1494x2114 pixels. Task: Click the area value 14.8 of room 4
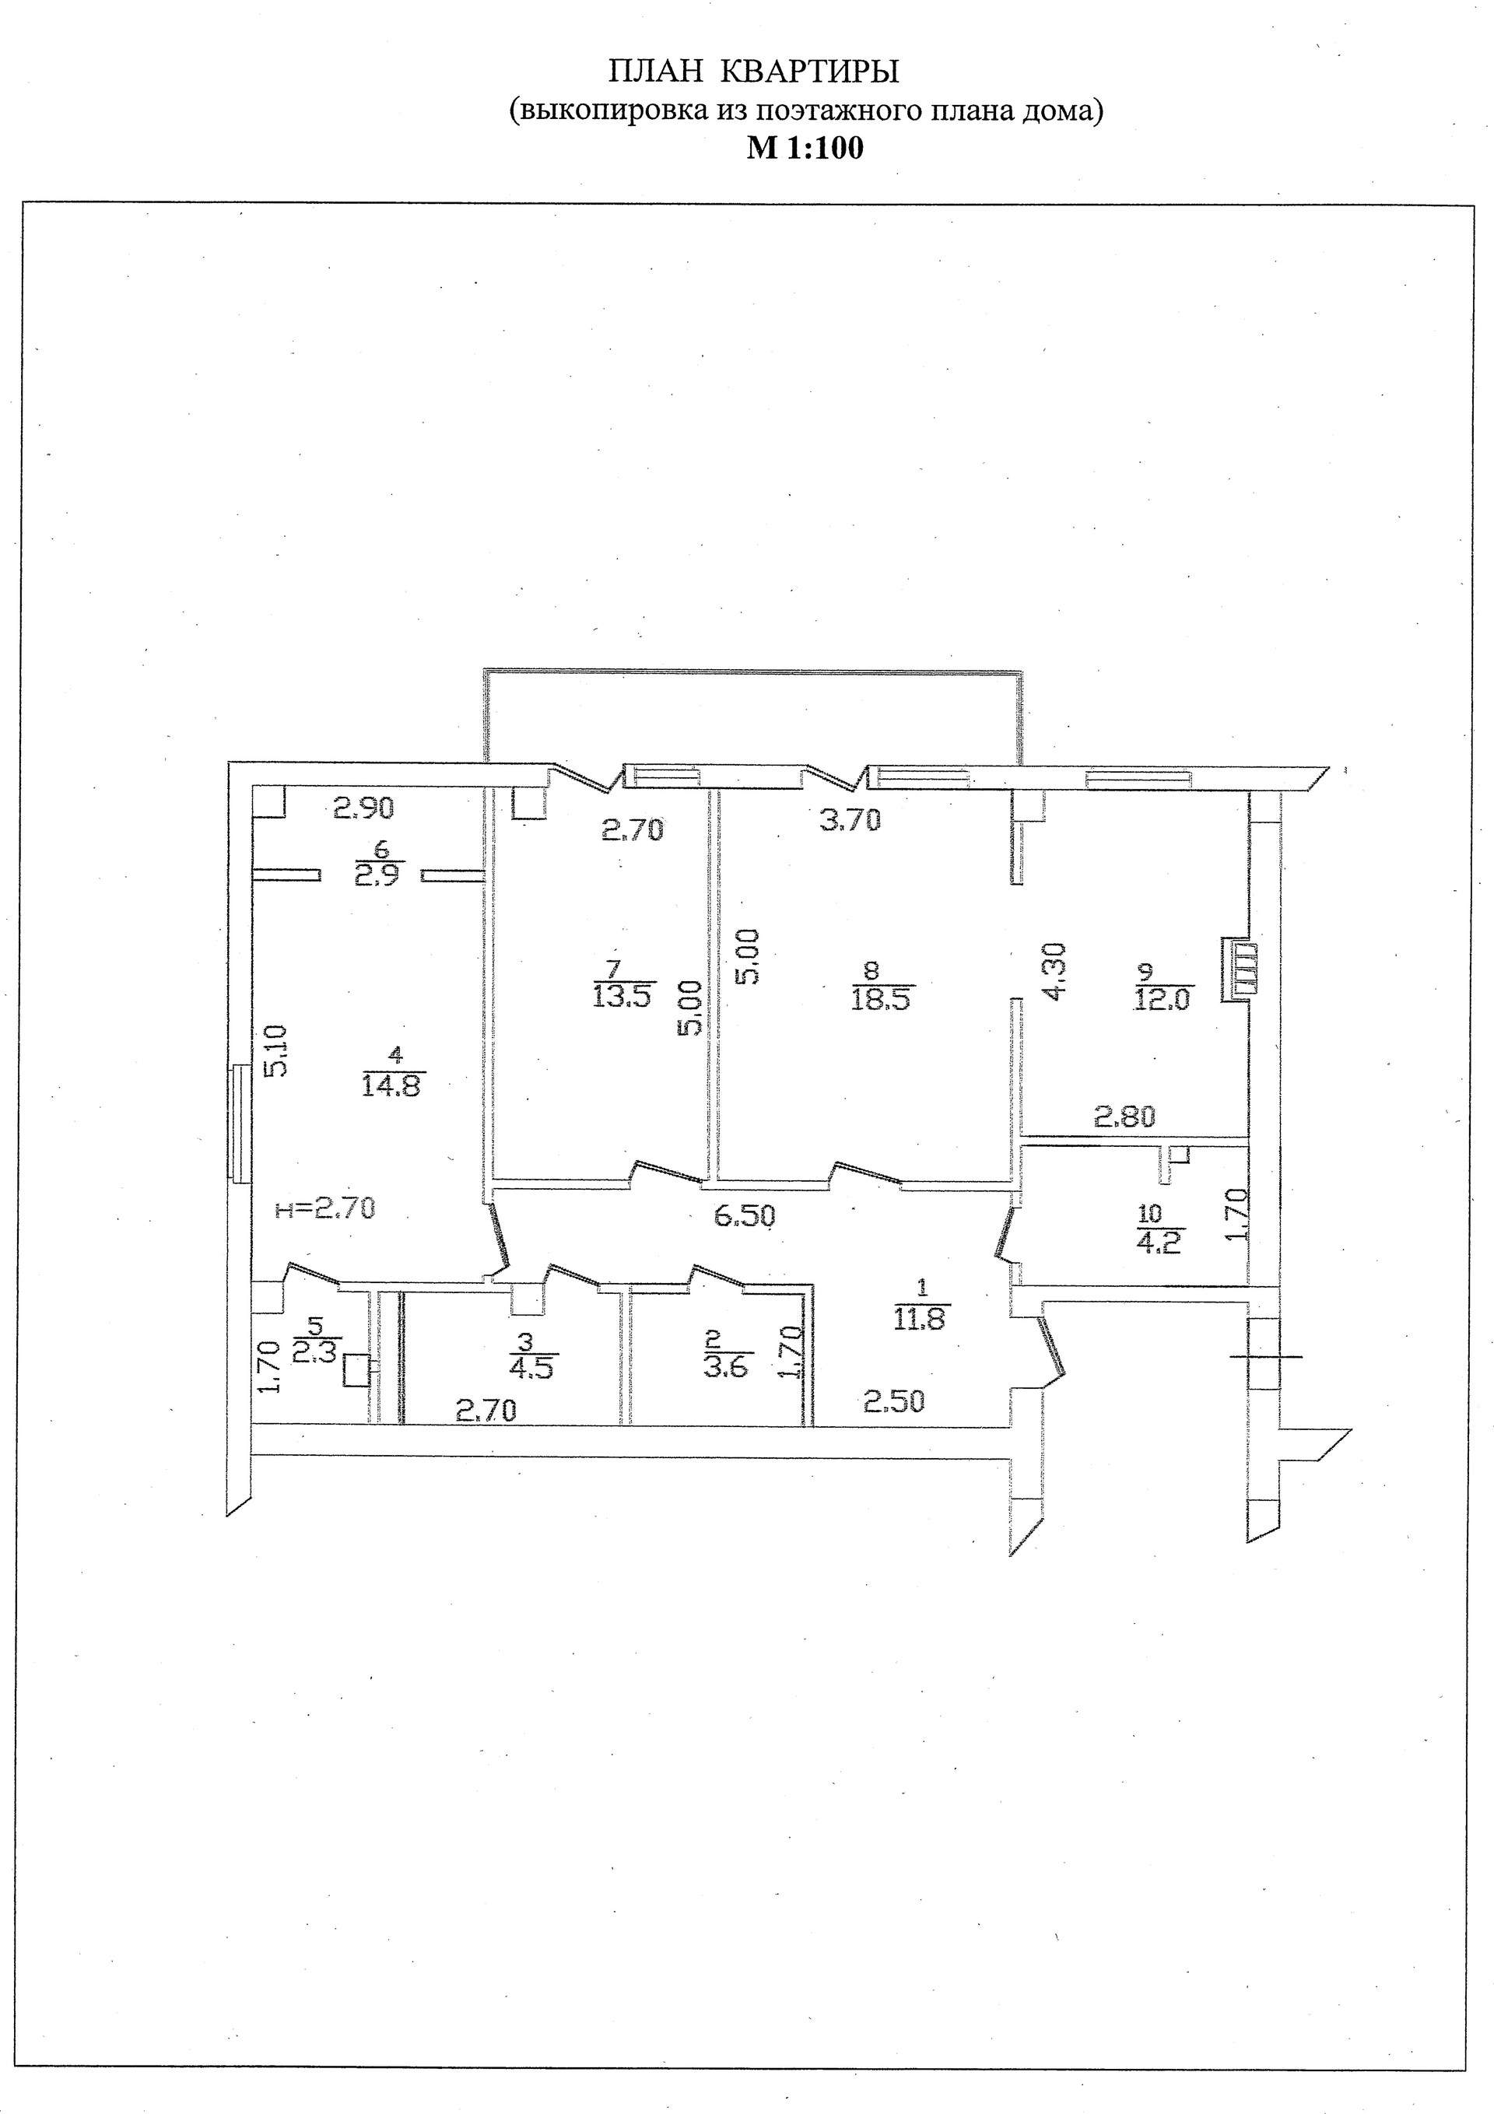pyautogui.click(x=392, y=1085)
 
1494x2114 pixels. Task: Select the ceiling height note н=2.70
pyautogui.click(x=326, y=1207)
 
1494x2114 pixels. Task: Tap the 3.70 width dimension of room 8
pyautogui.click(x=850, y=819)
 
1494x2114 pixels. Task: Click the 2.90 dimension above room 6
pyautogui.click(x=363, y=808)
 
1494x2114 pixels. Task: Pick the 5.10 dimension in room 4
pyautogui.click(x=277, y=1050)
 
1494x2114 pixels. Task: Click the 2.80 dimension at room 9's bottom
pyautogui.click(x=1124, y=1117)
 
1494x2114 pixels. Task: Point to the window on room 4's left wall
pyautogui.click(x=239, y=1123)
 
